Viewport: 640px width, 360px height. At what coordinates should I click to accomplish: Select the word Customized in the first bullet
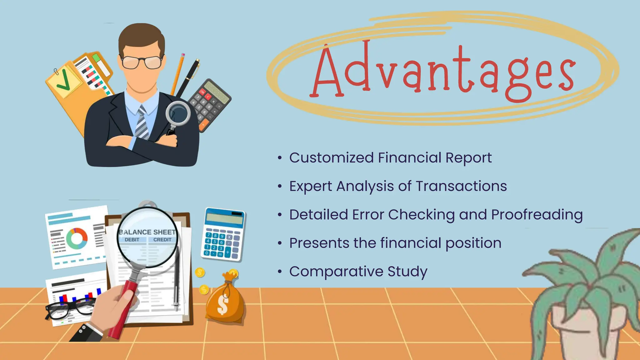click(x=331, y=158)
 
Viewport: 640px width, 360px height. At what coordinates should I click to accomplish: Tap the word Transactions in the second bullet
click(x=461, y=186)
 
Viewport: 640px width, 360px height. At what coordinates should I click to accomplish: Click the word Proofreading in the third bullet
click(x=537, y=215)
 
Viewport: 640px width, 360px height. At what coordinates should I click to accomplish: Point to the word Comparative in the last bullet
click(x=336, y=272)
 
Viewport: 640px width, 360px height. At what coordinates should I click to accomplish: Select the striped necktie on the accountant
click(x=142, y=122)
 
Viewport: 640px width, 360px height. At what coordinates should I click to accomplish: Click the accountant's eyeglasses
click(x=142, y=62)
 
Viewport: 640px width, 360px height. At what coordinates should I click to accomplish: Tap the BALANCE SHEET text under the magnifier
click(x=147, y=232)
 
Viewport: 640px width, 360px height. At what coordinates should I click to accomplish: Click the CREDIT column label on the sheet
click(x=162, y=240)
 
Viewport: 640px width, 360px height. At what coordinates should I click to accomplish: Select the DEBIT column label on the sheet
click(x=132, y=240)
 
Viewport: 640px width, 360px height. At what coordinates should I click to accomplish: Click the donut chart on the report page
click(x=77, y=238)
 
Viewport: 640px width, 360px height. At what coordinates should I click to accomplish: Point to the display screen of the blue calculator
click(x=224, y=218)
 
